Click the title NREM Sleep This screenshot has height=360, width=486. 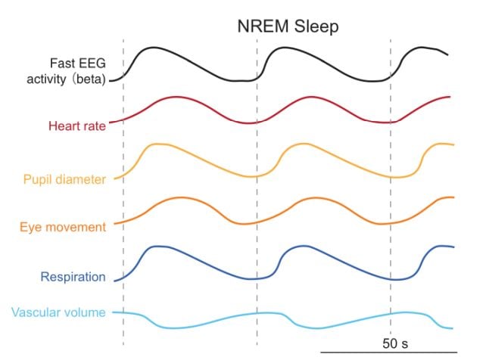pos(288,26)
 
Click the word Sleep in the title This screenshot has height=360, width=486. pos(316,26)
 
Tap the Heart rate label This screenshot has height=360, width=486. pos(77,126)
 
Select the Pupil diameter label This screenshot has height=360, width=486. pos(64,179)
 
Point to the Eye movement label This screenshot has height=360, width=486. pos(63,227)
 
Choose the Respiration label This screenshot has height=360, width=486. pos(73,277)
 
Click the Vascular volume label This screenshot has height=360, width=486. pos(58,312)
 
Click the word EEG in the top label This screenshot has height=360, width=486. pos(92,63)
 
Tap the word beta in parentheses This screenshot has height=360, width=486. pos(89,79)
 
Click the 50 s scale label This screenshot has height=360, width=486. pos(395,343)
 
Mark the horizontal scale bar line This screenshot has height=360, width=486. pos(388,352)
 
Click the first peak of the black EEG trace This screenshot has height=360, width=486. pos(153,48)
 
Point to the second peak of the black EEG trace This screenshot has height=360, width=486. pos(284,48)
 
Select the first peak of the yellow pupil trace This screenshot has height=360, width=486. pos(157,144)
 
